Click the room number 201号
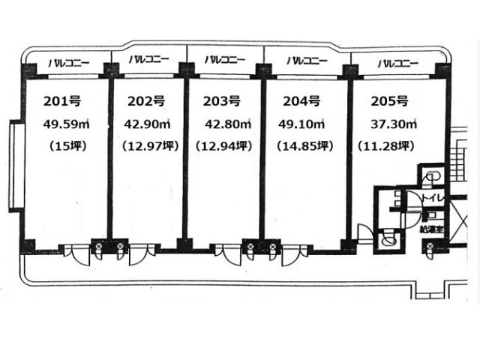click(x=62, y=101)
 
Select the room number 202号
click(x=146, y=101)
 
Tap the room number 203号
click(x=222, y=101)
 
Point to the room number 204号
click(x=301, y=101)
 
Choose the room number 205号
click(x=390, y=101)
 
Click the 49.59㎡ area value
click(x=66, y=124)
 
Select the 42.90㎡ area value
click(x=147, y=124)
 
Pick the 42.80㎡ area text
click(x=228, y=124)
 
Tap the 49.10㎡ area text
click(x=301, y=124)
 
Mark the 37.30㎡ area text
click(x=394, y=124)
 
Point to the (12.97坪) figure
click(x=150, y=146)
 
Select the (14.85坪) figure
click(x=305, y=146)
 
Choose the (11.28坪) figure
click(x=386, y=146)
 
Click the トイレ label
click(x=433, y=198)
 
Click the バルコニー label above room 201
click(x=69, y=64)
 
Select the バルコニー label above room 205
click(x=398, y=64)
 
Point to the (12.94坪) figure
click(x=224, y=146)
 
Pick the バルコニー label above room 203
click(x=225, y=60)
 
